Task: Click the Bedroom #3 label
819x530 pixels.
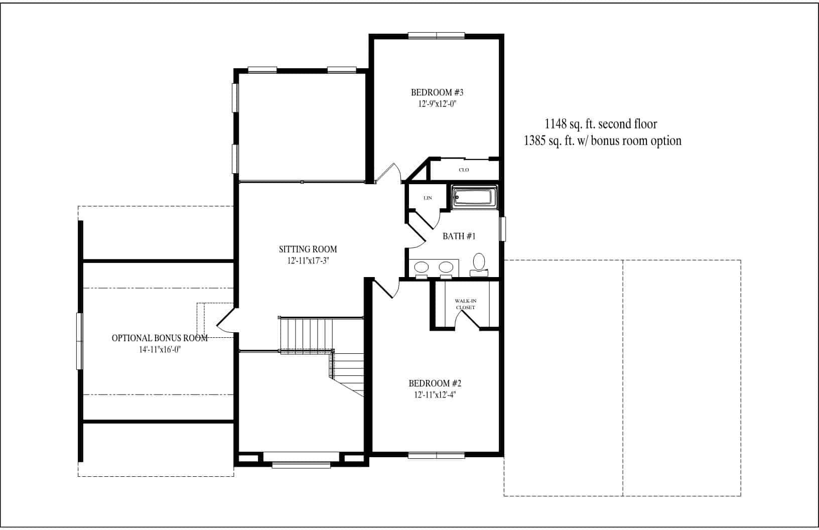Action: click(437, 92)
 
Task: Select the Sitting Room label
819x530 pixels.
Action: click(308, 249)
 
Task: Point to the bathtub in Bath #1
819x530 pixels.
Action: click(474, 196)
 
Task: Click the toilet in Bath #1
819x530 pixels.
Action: click(479, 263)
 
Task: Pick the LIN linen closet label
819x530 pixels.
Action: click(428, 198)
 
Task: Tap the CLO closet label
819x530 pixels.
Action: click(464, 170)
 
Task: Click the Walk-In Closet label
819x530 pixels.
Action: click(465, 304)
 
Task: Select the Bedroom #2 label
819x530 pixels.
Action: click(435, 384)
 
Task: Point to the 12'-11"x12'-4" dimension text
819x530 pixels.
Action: click(435, 395)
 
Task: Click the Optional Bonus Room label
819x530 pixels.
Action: click(160, 338)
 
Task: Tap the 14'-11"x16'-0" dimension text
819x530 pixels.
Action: click(160, 350)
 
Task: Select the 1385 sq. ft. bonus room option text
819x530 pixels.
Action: click(602, 141)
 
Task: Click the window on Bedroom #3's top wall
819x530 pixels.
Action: click(436, 35)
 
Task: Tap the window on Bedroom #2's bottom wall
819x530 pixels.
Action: click(436, 456)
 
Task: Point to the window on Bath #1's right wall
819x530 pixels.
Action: click(503, 228)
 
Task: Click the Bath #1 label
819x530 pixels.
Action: click(459, 236)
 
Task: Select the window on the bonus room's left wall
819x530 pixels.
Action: click(79, 341)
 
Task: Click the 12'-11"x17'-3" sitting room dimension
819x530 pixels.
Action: click(308, 260)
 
